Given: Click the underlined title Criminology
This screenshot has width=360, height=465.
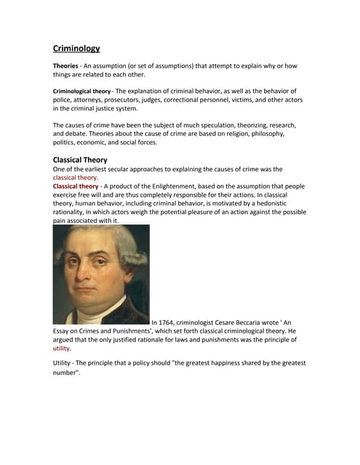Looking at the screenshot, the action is [x=76, y=49].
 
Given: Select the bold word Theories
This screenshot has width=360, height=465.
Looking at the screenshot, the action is [x=68, y=66].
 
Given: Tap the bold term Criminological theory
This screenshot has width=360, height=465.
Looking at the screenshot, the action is [x=81, y=91].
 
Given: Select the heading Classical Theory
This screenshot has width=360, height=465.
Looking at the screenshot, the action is [x=80, y=160].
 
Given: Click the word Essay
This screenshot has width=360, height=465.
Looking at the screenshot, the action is [x=63, y=331].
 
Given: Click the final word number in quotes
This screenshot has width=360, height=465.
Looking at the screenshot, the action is [x=65, y=373].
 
